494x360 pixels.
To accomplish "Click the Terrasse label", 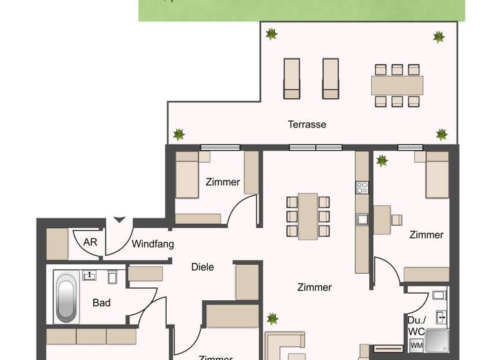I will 307,124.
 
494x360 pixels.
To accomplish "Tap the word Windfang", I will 152,244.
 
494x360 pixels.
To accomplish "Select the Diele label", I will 203,267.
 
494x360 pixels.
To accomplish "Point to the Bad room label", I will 101,303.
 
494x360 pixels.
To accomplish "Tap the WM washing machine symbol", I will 416,346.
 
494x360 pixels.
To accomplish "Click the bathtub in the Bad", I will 66,298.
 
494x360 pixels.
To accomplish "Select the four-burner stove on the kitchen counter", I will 362,188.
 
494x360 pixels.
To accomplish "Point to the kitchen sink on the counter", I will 362,219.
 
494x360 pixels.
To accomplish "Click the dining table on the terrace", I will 396,84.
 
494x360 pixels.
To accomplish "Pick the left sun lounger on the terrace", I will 291,78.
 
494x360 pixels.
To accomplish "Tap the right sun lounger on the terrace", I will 331,78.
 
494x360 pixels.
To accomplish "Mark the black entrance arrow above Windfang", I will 118,221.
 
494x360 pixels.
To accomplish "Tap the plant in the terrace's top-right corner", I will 439,37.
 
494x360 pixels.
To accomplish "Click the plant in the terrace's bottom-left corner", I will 178,135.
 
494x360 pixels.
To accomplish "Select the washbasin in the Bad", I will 89,276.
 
